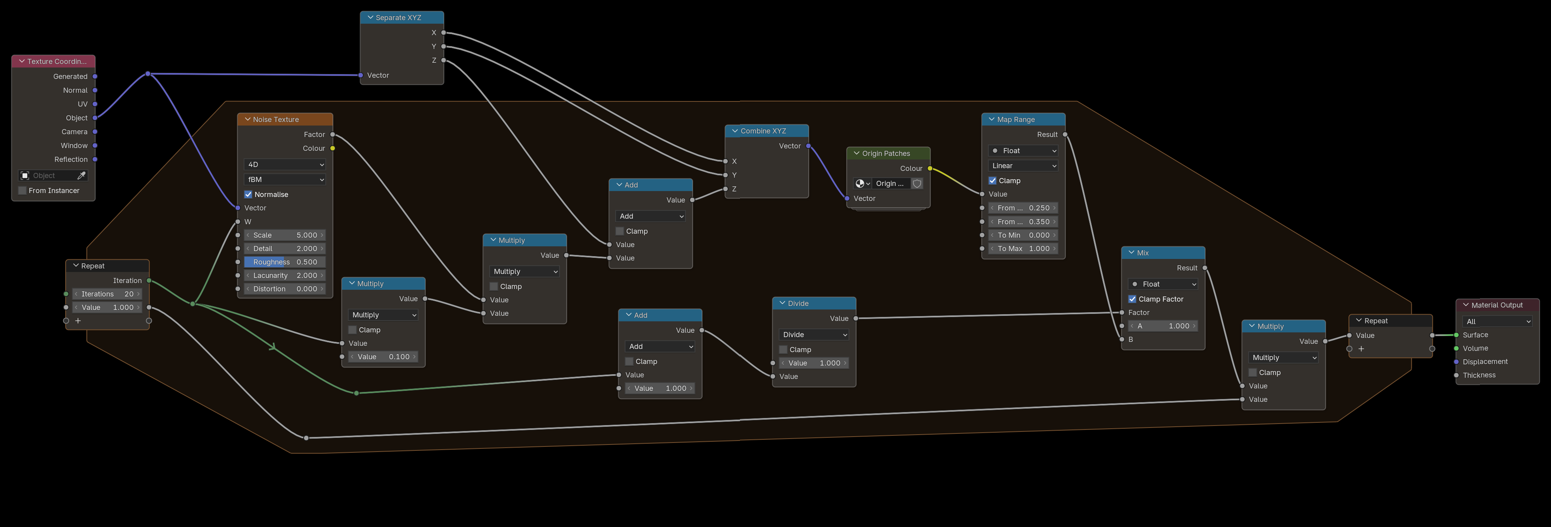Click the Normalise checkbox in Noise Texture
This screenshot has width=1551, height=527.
(248, 195)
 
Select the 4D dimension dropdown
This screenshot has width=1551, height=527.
(285, 165)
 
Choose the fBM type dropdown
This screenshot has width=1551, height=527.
(285, 180)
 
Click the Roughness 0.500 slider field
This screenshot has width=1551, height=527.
(285, 262)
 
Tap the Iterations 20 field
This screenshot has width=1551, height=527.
(107, 294)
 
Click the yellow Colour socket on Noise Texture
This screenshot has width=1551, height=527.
(332, 148)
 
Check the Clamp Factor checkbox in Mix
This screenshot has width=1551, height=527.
(1132, 299)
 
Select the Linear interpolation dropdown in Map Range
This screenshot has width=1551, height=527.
(1023, 166)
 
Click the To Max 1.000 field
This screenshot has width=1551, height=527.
(1023, 249)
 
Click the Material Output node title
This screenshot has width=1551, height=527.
(1497, 306)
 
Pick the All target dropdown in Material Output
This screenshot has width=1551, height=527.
(1497, 322)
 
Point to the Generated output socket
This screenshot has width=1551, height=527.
(95, 77)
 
